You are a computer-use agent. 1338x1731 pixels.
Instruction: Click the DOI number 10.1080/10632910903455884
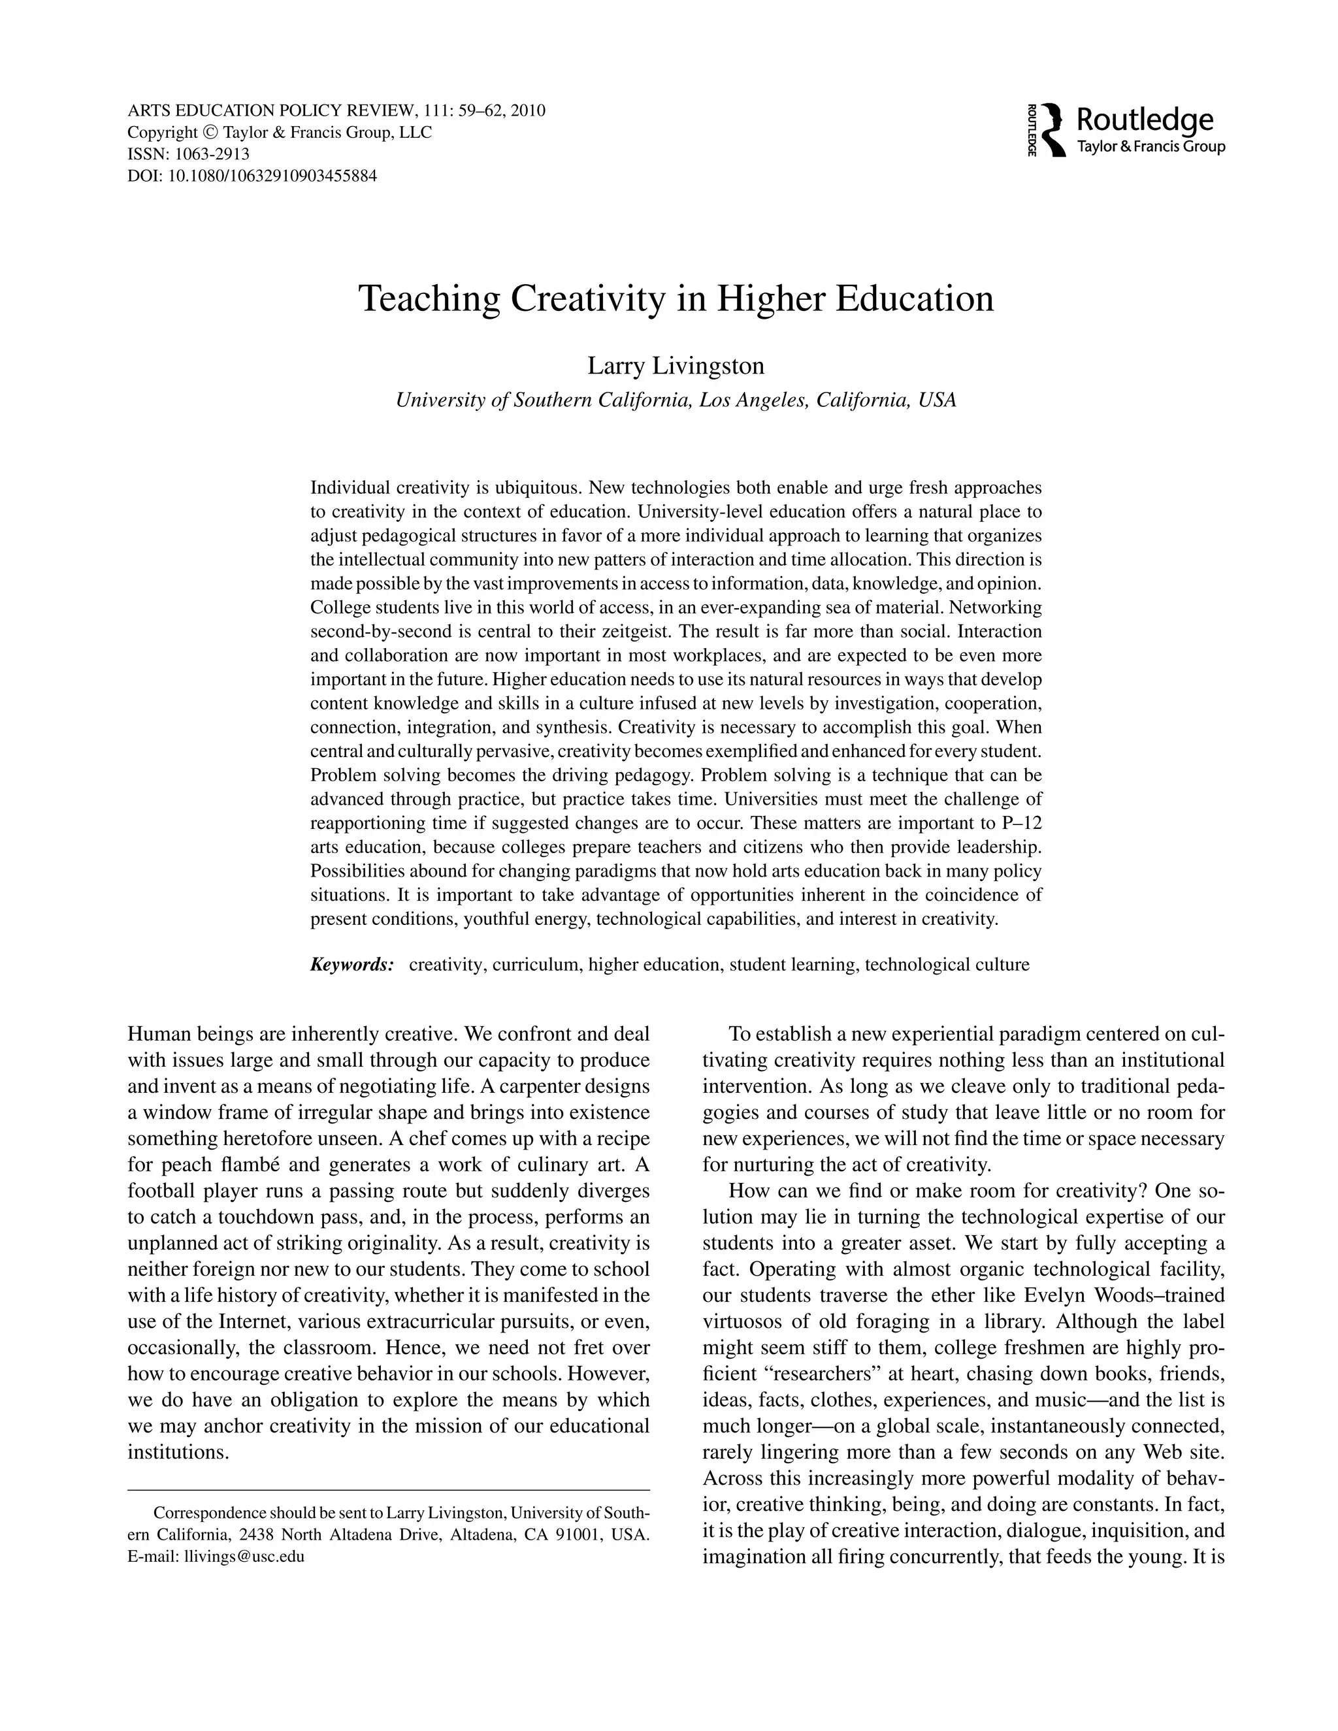(x=272, y=176)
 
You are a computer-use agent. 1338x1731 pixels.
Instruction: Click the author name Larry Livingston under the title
(x=676, y=366)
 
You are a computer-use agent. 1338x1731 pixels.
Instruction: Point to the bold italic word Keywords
(x=352, y=965)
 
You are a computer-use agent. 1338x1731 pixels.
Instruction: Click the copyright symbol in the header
(x=209, y=133)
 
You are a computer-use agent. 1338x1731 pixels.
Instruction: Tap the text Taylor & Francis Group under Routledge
(x=1151, y=146)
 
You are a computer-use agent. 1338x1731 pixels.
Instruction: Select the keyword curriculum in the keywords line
(x=536, y=965)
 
